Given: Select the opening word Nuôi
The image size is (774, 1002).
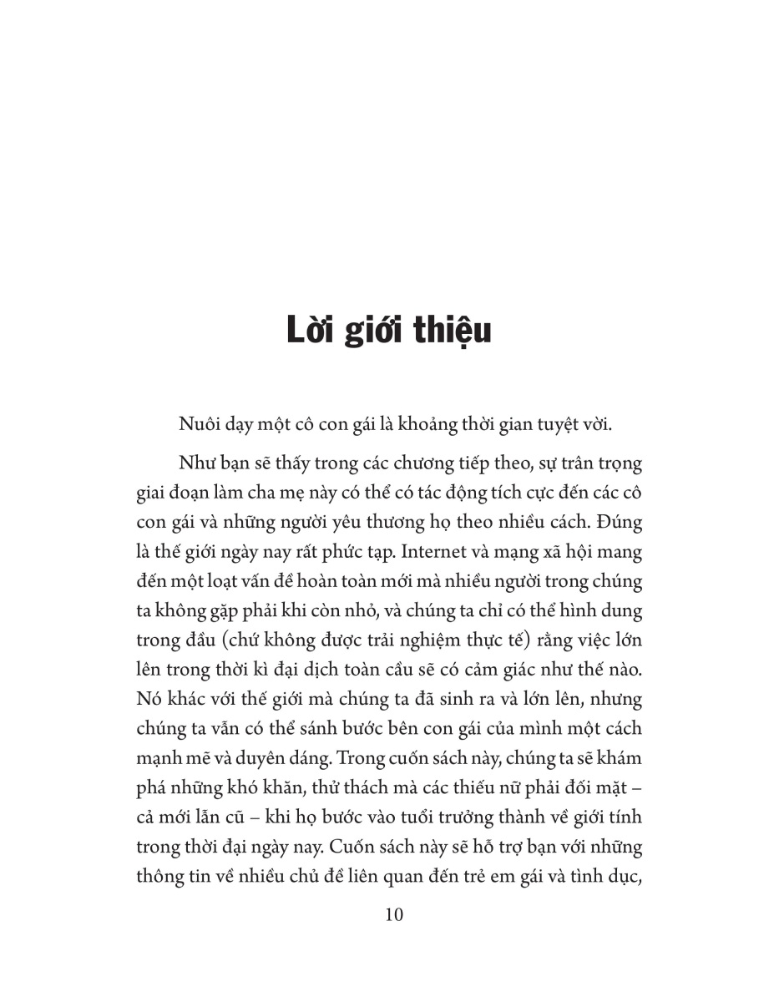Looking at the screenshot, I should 199,423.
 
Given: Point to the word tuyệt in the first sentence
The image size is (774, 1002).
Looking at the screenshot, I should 553,423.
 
